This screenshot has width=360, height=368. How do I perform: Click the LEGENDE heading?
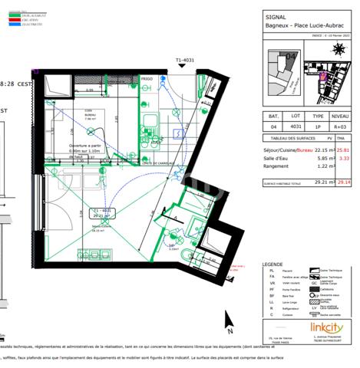(x=273, y=263)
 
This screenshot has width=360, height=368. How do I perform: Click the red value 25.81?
(x=343, y=151)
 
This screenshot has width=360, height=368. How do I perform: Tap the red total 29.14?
(x=343, y=182)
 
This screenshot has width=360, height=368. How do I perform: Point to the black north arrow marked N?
(x=229, y=321)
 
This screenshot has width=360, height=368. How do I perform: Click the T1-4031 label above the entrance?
(x=186, y=60)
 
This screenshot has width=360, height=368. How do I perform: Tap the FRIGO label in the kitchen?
(x=147, y=78)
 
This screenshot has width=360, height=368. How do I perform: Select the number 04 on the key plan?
(x=289, y=56)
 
